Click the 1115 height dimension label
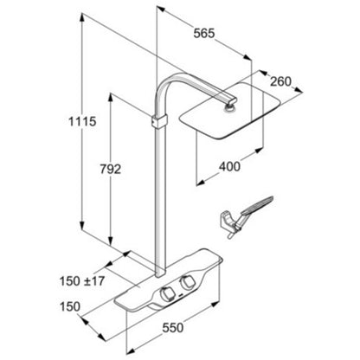pos(82,121)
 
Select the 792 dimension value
pos(110,169)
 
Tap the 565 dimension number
pos(204,33)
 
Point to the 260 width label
pos(280,81)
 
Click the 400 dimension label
pos(229,167)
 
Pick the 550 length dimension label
pos(173,327)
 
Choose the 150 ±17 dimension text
pos(82,281)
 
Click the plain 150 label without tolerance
pos(70,306)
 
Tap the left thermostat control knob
pos(167,294)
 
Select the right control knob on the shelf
pos(186,282)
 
